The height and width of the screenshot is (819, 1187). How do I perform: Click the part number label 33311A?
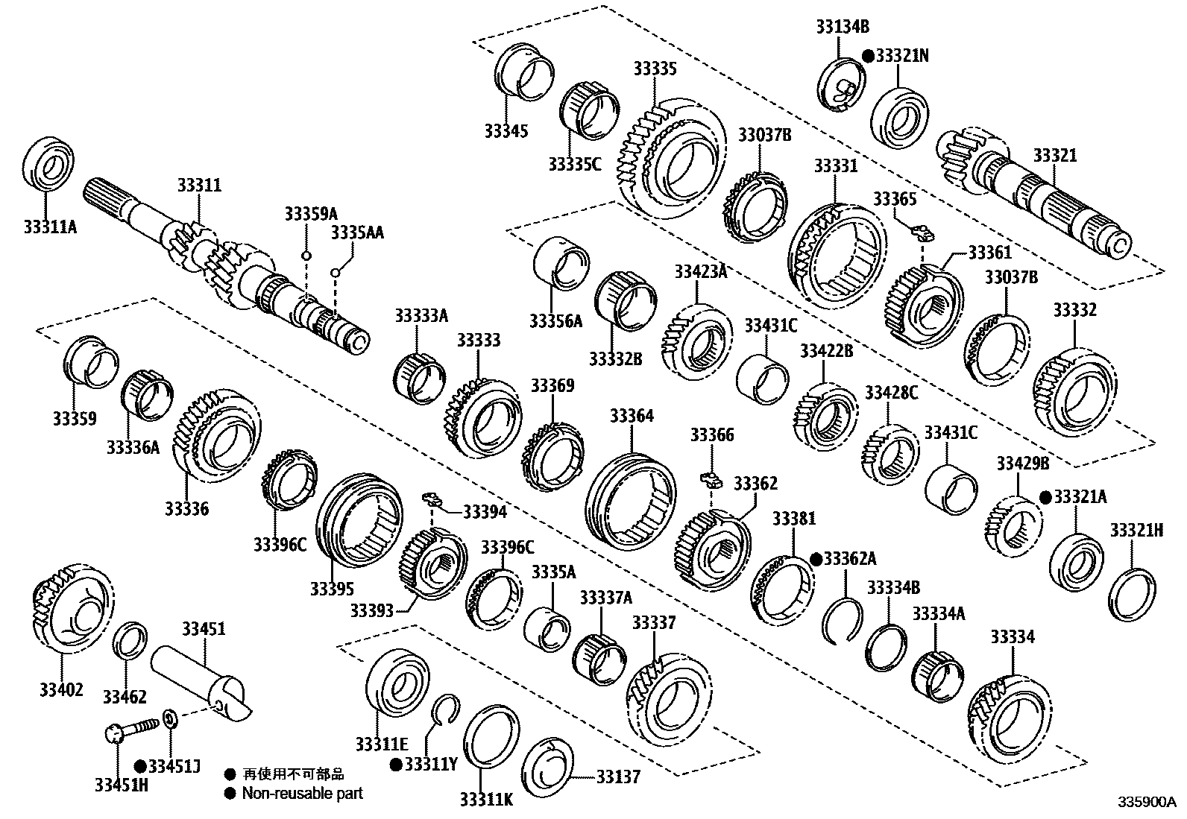pyautogui.click(x=50, y=226)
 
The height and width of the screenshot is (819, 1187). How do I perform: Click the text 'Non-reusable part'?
pyautogui.click(x=302, y=793)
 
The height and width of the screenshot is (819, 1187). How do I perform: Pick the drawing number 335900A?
pyautogui.click(x=1145, y=803)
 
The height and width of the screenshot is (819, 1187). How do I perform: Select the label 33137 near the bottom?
pyautogui.click(x=618, y=777)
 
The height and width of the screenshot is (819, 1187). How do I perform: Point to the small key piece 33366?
pyautogui.click(x=709, y=478)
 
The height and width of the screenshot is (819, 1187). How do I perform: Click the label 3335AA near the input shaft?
pyautogui.click(x=357, y=233)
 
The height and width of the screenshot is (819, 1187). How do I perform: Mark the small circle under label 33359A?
pyautogui.click(x=306, y=256)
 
